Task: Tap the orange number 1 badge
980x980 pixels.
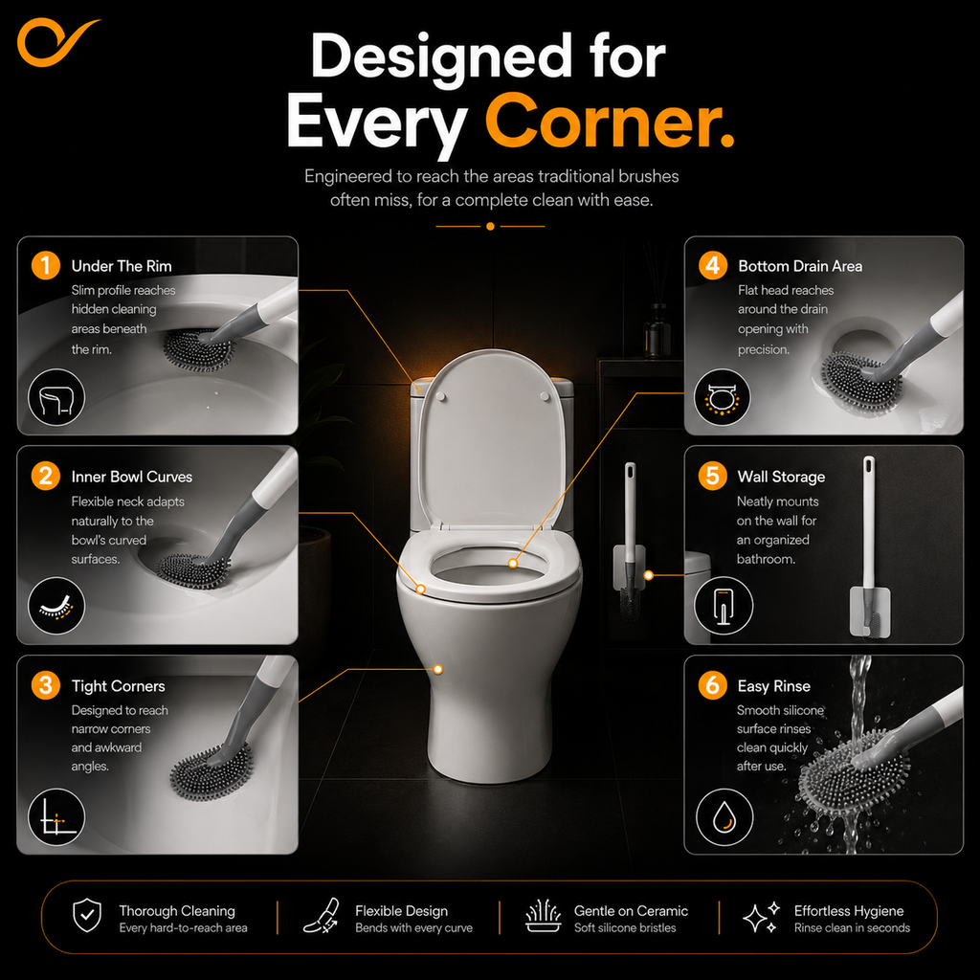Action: pos(46,266)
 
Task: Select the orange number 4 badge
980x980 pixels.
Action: pos(712,266)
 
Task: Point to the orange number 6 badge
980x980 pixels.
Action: pos(712,685)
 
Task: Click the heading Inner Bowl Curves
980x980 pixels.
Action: pos(132,477)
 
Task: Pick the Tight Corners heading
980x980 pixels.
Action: pos(118,686)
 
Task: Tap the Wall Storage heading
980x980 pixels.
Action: pos(781,477)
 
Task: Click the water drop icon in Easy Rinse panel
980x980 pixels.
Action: pos(725,817)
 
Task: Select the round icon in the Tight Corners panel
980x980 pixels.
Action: pos(56,817)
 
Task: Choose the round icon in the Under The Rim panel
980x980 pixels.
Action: pos(56,397)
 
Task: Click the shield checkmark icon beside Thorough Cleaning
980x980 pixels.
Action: pos(87,916)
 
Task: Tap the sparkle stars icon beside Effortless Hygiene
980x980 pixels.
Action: pos(761,917)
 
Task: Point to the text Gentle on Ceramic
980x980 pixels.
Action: pos(631,911)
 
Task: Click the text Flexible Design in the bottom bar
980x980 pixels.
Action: pos(401,911)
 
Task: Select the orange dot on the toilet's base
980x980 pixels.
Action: pos(438,669)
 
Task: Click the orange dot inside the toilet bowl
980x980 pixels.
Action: pos(513,563)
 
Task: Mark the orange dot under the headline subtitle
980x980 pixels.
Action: pos(490,226)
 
